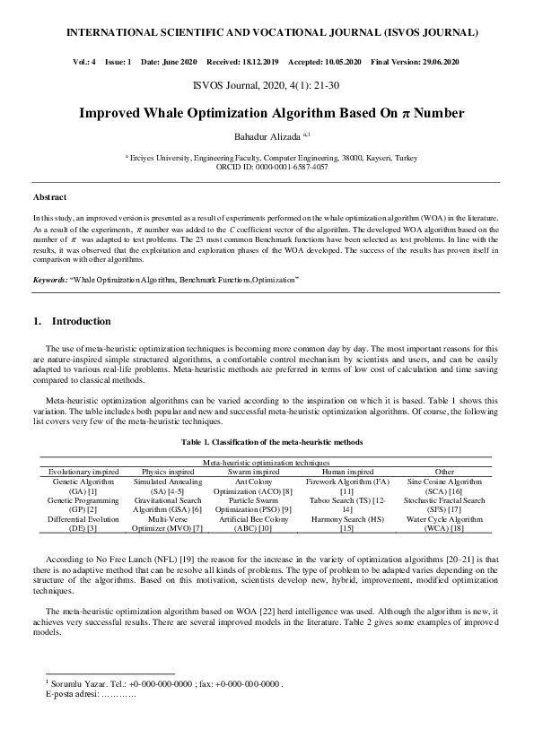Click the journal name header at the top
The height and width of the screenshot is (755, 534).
(x=267, y=32)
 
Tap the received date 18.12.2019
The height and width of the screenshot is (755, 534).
(x=258, y=62)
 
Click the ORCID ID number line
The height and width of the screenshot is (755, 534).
(x=267, y=165)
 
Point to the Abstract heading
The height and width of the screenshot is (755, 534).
(x=49, y=196)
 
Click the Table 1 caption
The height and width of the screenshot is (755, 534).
(x=267, y=442)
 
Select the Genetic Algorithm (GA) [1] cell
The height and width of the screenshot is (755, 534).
(x=75, y=486)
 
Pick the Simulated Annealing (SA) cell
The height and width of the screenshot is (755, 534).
(x=168, y=486)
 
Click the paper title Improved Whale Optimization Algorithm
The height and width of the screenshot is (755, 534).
(x=267, y=114)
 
